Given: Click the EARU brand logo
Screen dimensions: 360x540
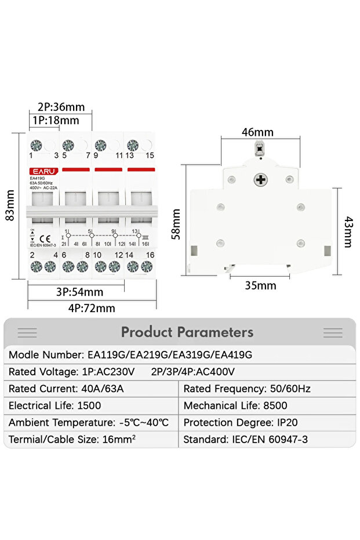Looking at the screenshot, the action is pos(42,171).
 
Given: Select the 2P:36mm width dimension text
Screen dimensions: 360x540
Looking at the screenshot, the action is pos(61,107).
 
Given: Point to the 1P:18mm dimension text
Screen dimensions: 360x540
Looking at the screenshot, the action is pos(55,121).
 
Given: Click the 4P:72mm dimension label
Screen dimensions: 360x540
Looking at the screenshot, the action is pos(92,308).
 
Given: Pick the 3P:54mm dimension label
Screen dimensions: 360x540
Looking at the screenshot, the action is pos(80,292).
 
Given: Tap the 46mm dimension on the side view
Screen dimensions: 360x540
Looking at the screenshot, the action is pos(257,132).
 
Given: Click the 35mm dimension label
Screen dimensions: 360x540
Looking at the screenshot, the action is pos(260,285).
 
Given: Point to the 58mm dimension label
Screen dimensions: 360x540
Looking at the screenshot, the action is pos(176,224).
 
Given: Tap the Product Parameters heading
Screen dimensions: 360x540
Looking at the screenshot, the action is pos(187,332).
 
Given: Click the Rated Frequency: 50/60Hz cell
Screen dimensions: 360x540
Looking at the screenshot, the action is pos(246,389).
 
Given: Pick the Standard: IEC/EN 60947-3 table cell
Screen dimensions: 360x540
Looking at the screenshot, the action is pos(245,440).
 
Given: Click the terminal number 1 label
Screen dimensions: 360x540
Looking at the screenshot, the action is pos(31,155).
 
